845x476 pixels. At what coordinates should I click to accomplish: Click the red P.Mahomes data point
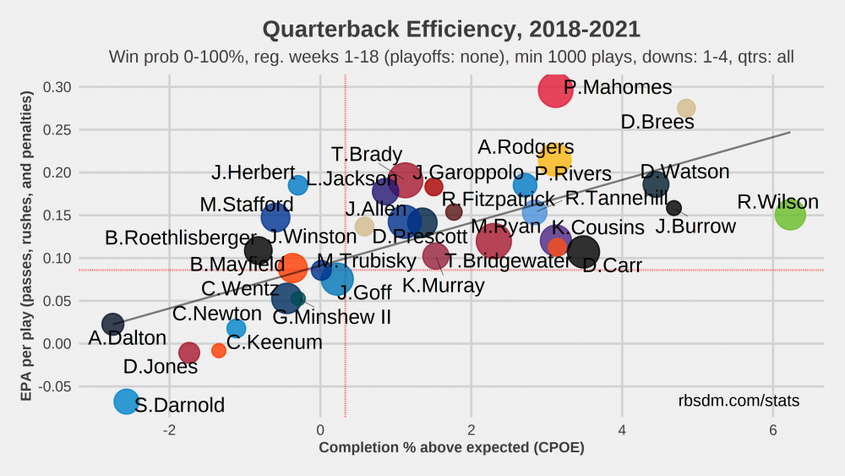pyautogui.click(x=555, y=90)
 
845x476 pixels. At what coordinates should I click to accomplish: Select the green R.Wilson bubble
pyautogui.click(x=790, y=214)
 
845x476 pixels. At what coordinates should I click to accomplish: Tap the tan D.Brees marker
pyautogui.click(x=686, y=108)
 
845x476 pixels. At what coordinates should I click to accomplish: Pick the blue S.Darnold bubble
pyautogui.click(x=126, y=402)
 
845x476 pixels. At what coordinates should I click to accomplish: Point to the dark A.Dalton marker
pyautogui.click(x=112, y=324)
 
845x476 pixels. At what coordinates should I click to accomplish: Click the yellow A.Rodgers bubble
pyautogui.click(x=554, y=160)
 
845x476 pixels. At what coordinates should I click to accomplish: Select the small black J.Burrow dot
pyautogui.click(x=673, y=208)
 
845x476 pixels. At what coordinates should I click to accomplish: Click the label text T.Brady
pyautogui.click(x=366, y=155)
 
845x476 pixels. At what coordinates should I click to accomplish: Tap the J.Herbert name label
pyautogui.click(x=253, y=172)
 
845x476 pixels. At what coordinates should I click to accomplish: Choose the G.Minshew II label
pyautogui.click(x=331, y=318)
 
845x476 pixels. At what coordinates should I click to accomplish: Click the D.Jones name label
pyautogui.click(x=160, y=367)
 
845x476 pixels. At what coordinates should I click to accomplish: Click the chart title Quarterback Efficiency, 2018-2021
pyautogui.click(x=451, y=30)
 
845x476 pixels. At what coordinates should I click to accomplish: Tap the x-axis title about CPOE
pyautogui.click(x=451, y=447)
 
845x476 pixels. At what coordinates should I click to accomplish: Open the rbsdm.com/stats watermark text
pyautogui.click(x=739, y=401)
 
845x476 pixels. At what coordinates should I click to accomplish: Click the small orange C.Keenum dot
pyautogui.click(x=219, y=350)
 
